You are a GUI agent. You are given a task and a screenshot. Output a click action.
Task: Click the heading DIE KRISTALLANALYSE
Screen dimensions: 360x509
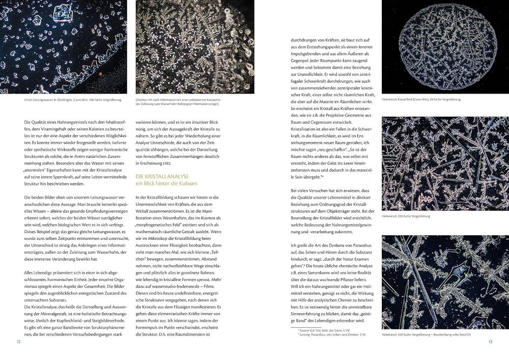[x=161, y=176]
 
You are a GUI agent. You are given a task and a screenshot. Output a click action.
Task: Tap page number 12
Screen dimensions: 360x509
[x=18, y=341]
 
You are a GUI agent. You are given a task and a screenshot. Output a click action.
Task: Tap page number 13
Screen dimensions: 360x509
[x=490, y=341]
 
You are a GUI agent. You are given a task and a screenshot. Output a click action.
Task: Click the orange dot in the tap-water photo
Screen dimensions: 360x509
[x=101, y=73]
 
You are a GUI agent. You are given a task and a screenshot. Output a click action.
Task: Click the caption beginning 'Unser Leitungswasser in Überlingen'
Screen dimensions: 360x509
[x=72, y=100]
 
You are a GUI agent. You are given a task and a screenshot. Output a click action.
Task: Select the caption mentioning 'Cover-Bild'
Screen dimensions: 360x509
[x=420, y=99]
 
